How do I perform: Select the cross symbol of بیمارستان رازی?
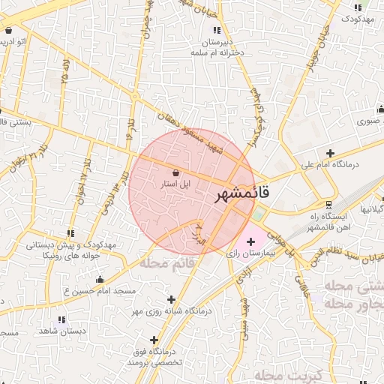(250, 241)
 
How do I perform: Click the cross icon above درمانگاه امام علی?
(330, 153)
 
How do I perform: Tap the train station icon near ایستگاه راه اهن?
(328, 204)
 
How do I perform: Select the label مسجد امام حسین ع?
(99, 290)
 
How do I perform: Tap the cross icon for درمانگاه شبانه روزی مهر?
(173, 298)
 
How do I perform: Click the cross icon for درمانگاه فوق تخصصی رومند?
(154, 339)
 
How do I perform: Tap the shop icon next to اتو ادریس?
(8, 31)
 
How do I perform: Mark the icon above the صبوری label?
(379, 109)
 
